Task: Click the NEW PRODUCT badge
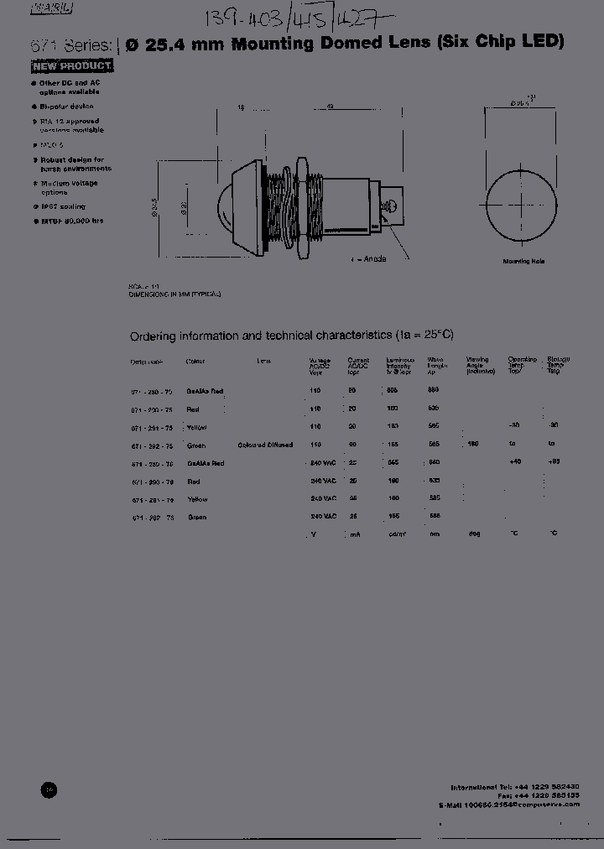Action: pyautogui.click(x=72, y=65)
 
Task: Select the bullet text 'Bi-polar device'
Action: pyautogui.click(x=66, y=107)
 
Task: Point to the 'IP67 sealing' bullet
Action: pyautogui.click(x=63, y=206)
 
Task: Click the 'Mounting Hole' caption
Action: pyautogui.click(x=523, y=262)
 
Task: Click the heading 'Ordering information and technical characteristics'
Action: pyautogui.click(x=291, y=336)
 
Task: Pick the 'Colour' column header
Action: pyautogui.click(x=195, y=362)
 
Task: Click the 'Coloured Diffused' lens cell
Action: pyautogui.click(x=265, y=445)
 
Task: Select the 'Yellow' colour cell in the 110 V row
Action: pyautogui.click(x=197, y=427)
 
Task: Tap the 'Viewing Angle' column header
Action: pyautogui.click(x=477, y=364)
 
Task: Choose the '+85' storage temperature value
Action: pyautogui.click(x=552, y=462)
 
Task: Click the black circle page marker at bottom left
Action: pyautogui.click(x=49, y=789)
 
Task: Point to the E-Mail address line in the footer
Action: pyautogui.click(x=508, y=804)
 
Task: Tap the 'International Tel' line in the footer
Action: pyautogui.click(x=514, y=787)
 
